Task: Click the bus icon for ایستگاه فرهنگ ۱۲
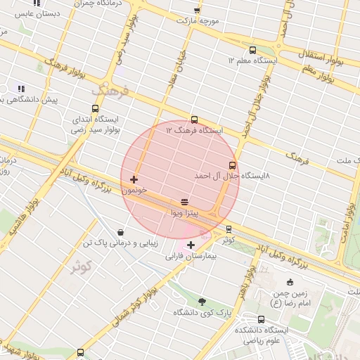[x=194, y=120]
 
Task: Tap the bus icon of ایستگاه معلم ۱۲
[x=252, y=50]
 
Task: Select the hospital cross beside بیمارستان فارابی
[x=191, y=245]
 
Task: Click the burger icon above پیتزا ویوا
[x=184, y=200]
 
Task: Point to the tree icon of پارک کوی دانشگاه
[x=202, y=301]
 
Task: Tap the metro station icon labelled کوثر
[x=229, y=229]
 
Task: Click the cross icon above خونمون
[x=134, y=179]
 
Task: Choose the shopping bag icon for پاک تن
[x=120, y=232]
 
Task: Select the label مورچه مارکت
[x=198, y=22]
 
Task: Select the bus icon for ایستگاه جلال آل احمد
[x=233, y=165]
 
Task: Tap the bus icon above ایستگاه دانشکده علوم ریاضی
[x=262, y=319]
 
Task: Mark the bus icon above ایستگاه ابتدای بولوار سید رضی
[x=95, y=108]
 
